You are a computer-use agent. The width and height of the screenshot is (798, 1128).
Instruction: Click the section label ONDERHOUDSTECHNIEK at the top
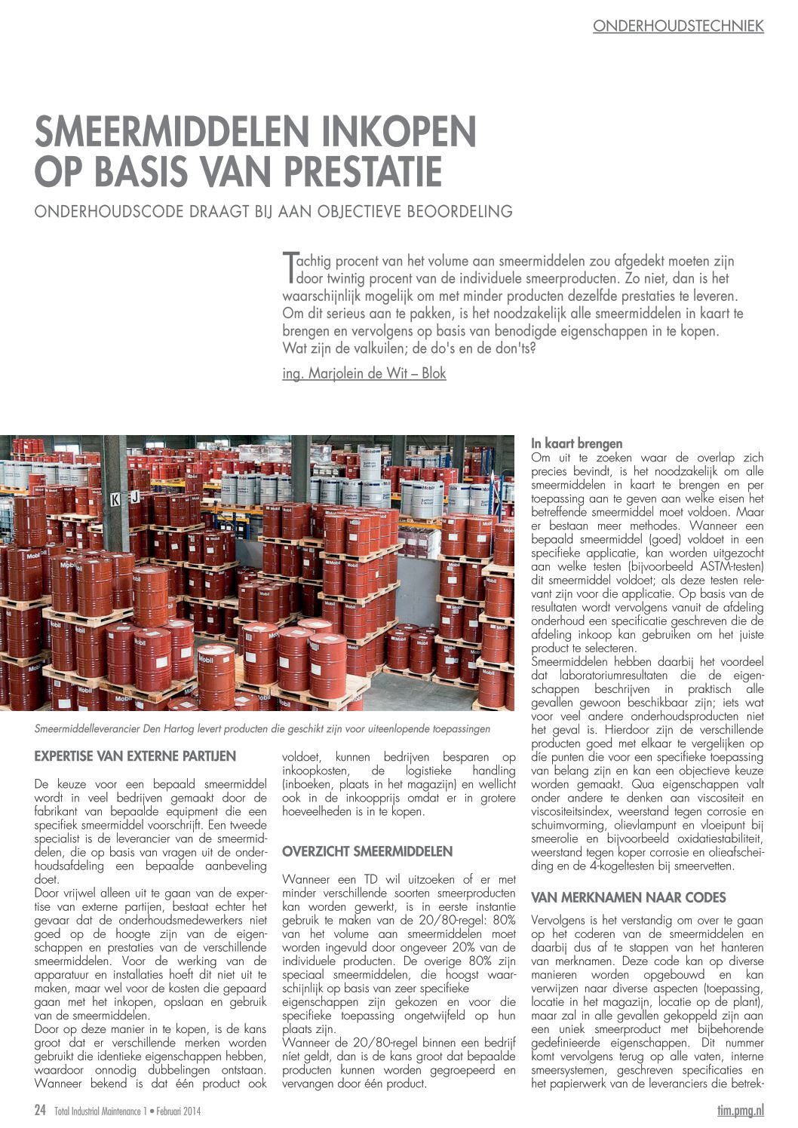tap(678, 26)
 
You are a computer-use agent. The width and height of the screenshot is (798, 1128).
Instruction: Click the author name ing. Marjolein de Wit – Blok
tap(364, 373)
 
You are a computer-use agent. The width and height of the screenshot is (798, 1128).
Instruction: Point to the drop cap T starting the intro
tap(288, 266)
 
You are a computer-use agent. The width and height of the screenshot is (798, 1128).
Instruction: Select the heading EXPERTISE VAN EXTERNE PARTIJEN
tap(135, 756)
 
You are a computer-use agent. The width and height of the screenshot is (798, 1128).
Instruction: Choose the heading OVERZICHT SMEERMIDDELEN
tap(367, 851)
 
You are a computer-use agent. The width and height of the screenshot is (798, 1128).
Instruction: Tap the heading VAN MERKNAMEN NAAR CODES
tap(628, 897)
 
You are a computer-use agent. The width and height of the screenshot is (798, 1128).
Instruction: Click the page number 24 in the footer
tap(41, 1110)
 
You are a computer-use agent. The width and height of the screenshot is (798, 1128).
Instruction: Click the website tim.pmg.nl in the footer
tap(740, 1110)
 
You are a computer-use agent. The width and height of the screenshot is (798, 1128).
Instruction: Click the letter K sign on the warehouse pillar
tap(115, 498)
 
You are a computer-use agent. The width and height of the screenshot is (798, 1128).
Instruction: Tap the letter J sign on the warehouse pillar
tap(134, 496)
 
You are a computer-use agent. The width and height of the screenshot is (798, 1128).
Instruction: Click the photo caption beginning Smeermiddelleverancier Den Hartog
tap(262, 729)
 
